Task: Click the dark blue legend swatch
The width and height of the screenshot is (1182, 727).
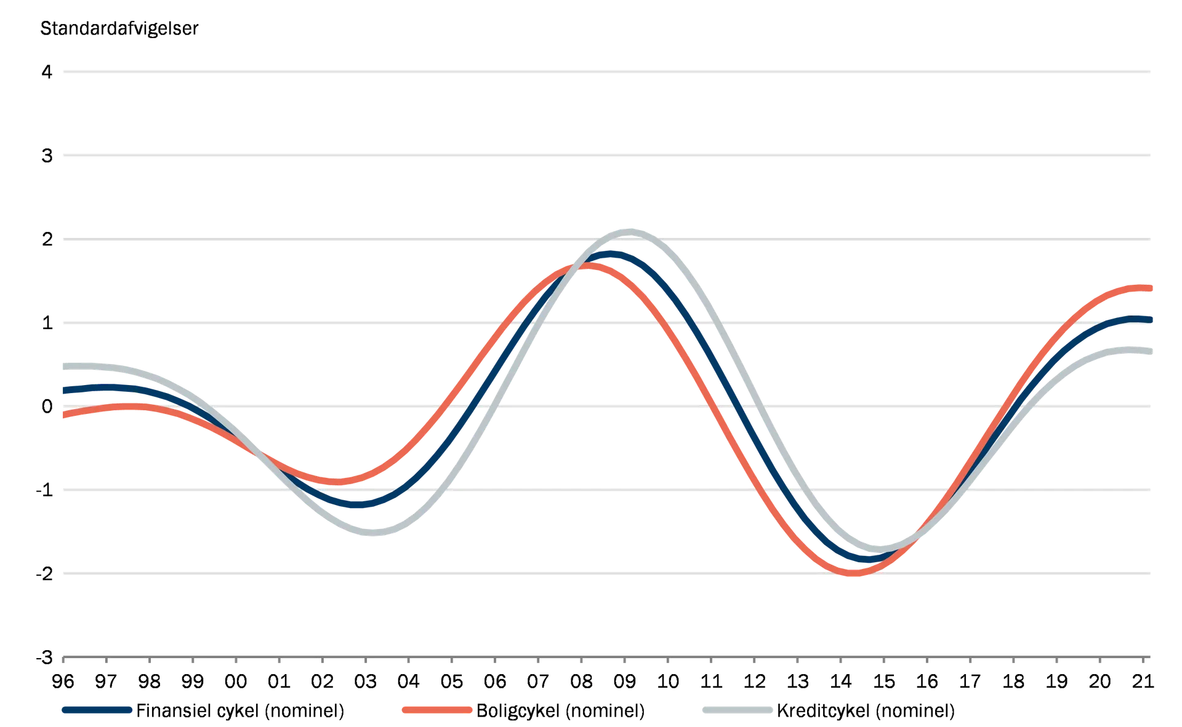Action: (x=97, y=710)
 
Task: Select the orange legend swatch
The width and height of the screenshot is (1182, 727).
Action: (x=436, y=710)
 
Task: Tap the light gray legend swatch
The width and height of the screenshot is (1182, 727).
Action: (x=737, y=710)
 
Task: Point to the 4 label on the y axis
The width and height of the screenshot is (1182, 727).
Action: (x=44, y=73)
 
